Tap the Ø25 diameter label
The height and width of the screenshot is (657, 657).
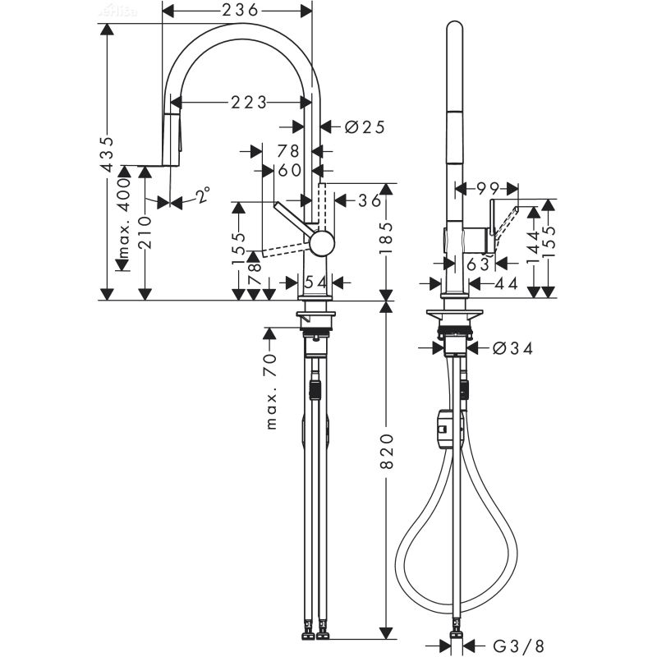365,126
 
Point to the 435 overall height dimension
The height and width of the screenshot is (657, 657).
106,154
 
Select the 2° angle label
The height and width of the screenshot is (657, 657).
202,195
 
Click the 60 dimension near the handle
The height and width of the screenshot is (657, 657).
289,170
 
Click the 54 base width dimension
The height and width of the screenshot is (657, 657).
315,282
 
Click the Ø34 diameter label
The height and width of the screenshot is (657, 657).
512,348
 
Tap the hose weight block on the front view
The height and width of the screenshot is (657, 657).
444,428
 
